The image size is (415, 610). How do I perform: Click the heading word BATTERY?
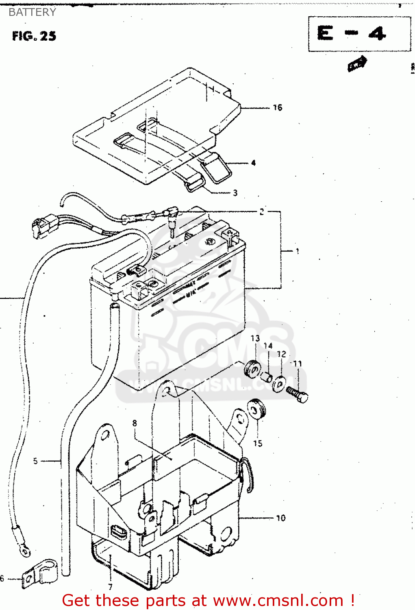(x=32, y=12)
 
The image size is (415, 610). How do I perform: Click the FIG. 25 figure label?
(x=34, y=36)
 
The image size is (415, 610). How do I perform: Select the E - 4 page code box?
(x=359, y=34)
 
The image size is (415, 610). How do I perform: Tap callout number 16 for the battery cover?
(x=278, y=108)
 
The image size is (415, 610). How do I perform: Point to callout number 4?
(x=253, y=163)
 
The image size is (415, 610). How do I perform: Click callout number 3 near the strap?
(x=235, y=193)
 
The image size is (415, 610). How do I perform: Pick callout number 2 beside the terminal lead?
(x=262, y=211)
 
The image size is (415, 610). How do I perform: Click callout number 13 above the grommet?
(x=255, y=338)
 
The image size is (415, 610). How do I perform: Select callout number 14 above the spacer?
(x=268, y=346)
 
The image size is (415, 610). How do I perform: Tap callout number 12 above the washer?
(x=282, y=354)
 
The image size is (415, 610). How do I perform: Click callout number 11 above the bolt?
(x=298, y=364)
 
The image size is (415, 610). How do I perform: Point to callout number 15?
(x=258, y=443)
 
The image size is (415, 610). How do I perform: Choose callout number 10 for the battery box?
(x=281, y=518)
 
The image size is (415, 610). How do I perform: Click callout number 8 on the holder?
(x=135, y=423)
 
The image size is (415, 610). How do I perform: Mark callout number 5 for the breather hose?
(x=35, y=461)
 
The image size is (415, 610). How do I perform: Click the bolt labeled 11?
(x=297, y=394)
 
